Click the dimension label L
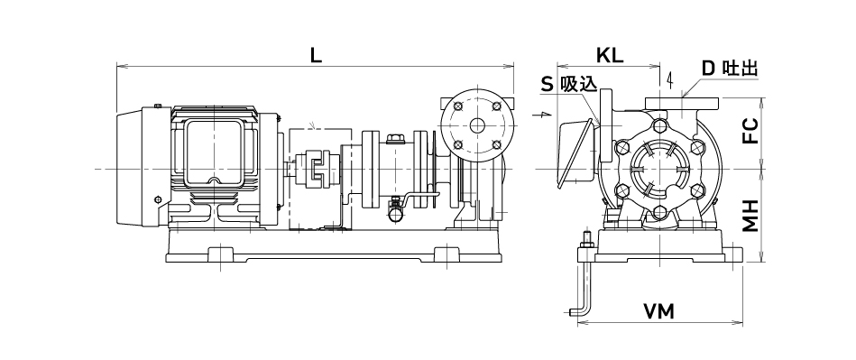coord(316,55)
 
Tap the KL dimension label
coord(609,55)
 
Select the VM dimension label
coord(659,312)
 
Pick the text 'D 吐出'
coord(730,69)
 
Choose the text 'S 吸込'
coord(568,84)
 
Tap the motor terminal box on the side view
coord(215,154)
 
